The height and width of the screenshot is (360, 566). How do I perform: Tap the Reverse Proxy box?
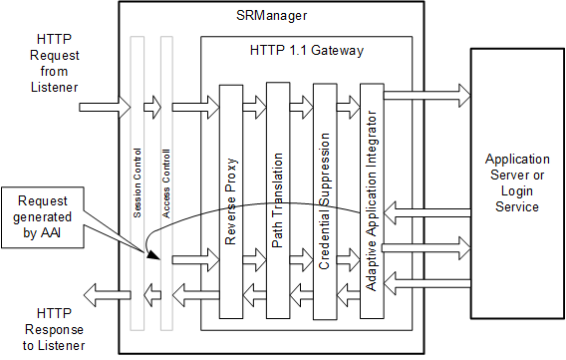click(x=231, y=199)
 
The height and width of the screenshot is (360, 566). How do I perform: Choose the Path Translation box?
click(x=279, y=199)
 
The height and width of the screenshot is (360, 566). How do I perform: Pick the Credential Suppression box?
click(x=325, y=199)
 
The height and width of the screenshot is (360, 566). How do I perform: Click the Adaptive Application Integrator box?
click(x=370, y=199)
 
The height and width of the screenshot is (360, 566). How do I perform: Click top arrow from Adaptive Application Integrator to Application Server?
click(x=424, y=95)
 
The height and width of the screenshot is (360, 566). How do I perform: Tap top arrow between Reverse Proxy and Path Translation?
click(x=255, y=103)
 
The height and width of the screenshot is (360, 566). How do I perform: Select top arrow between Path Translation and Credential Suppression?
click(x=302, y=103)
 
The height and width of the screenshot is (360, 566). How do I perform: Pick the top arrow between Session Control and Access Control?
click(x=150, y=103)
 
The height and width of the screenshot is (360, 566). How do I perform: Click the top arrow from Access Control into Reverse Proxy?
click(x=196, y=103)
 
